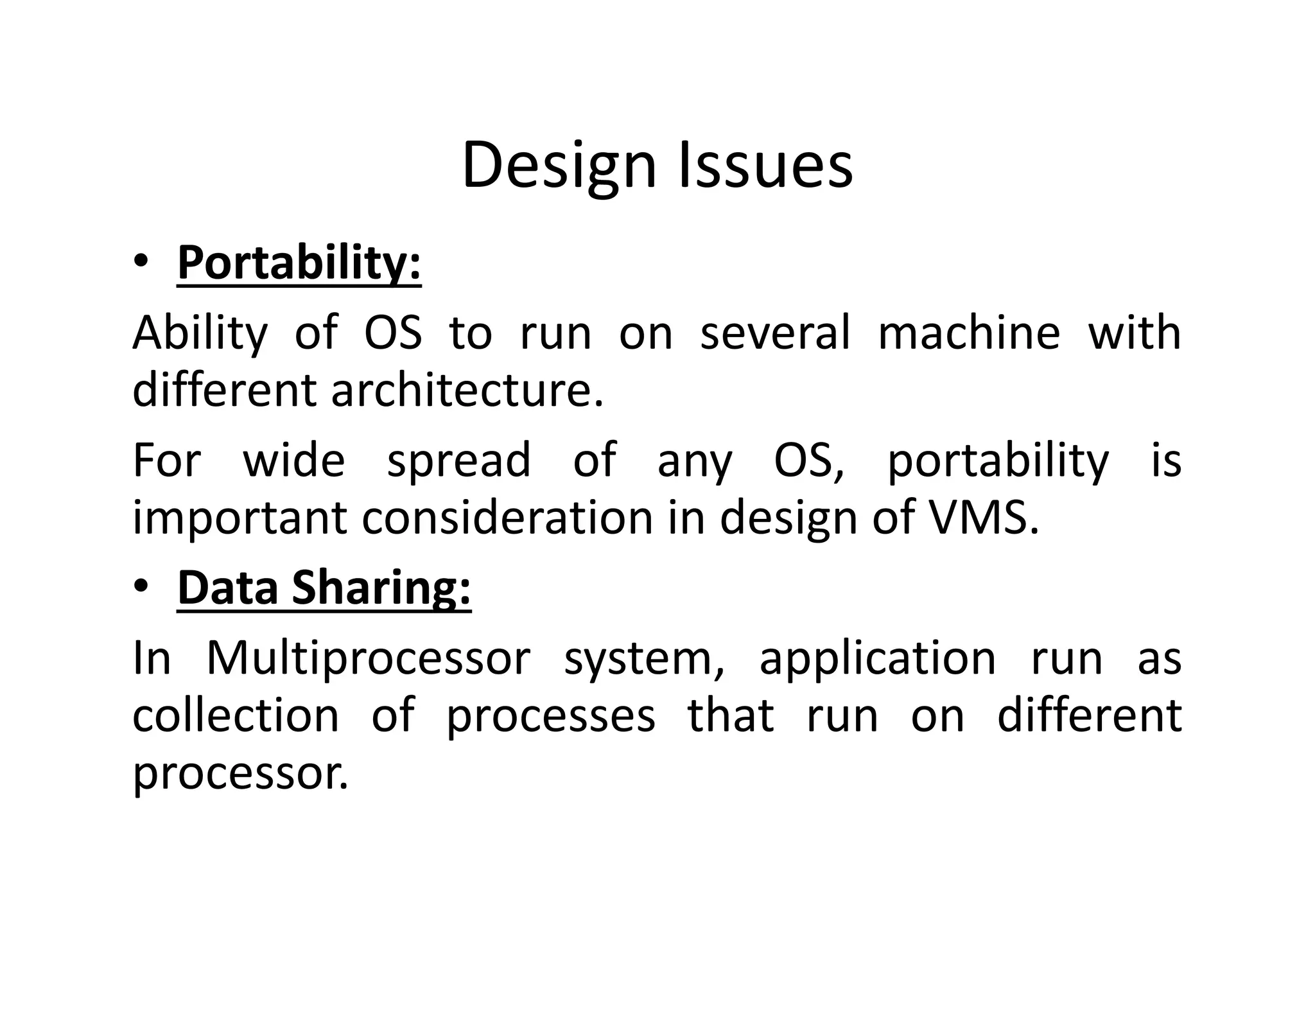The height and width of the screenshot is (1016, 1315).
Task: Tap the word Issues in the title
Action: (765, 166)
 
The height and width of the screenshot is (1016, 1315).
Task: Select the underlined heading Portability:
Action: (299, 263)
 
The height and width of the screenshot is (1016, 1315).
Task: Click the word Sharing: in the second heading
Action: (381, 588)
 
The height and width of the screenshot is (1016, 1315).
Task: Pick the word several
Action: (775, 333)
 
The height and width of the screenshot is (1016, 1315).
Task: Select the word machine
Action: (969, 333)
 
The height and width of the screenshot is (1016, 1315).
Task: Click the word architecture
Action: (467, 390)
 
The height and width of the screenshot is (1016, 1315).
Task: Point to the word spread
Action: (459, 461)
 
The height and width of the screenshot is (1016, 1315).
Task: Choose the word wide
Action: (294, 460)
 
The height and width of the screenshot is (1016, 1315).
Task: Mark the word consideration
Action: (507, 518)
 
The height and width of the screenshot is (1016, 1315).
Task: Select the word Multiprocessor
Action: (368, 659)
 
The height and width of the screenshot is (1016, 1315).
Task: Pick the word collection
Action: (236, 715)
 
